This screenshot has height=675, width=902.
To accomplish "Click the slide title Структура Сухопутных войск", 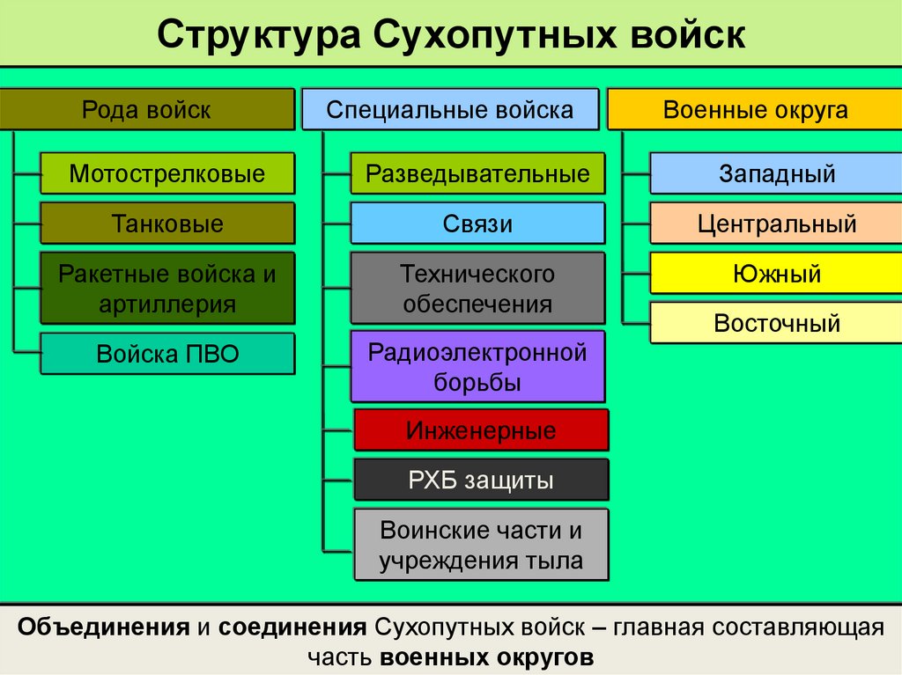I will click(451, 36).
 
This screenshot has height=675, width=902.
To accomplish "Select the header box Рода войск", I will click(147, 109).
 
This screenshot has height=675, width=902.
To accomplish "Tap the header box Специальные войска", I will click(450, 109).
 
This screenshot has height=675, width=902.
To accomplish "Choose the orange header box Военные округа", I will click(755, 109).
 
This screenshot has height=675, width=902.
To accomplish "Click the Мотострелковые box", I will click(167, 173).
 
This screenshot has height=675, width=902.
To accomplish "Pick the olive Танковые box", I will click(167, 223).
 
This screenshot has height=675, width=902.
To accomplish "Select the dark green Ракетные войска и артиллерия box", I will click(167, 289).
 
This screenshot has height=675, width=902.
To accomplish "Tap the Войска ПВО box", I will click(167, 354).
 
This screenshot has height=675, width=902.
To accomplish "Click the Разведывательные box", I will click(477, 173).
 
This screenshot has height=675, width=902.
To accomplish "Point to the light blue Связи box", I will click(477, 223).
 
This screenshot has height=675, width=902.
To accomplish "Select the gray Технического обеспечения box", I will click(477, 289).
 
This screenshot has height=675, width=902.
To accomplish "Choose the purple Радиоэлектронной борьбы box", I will click(477, 367).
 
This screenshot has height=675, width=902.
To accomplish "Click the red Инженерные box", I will click(481, 430).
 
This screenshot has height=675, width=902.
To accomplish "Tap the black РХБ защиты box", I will click(481, 480).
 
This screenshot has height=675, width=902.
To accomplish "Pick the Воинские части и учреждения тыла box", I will click(481, 545).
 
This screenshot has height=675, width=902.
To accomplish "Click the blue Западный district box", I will click(777, 173).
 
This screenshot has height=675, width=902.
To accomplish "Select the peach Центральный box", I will click(777, 223).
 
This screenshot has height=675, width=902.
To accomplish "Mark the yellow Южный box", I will click(777, 273).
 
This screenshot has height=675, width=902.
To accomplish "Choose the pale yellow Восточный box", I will click(777, 322).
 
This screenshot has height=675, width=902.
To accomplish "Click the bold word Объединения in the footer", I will click(104, 627).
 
